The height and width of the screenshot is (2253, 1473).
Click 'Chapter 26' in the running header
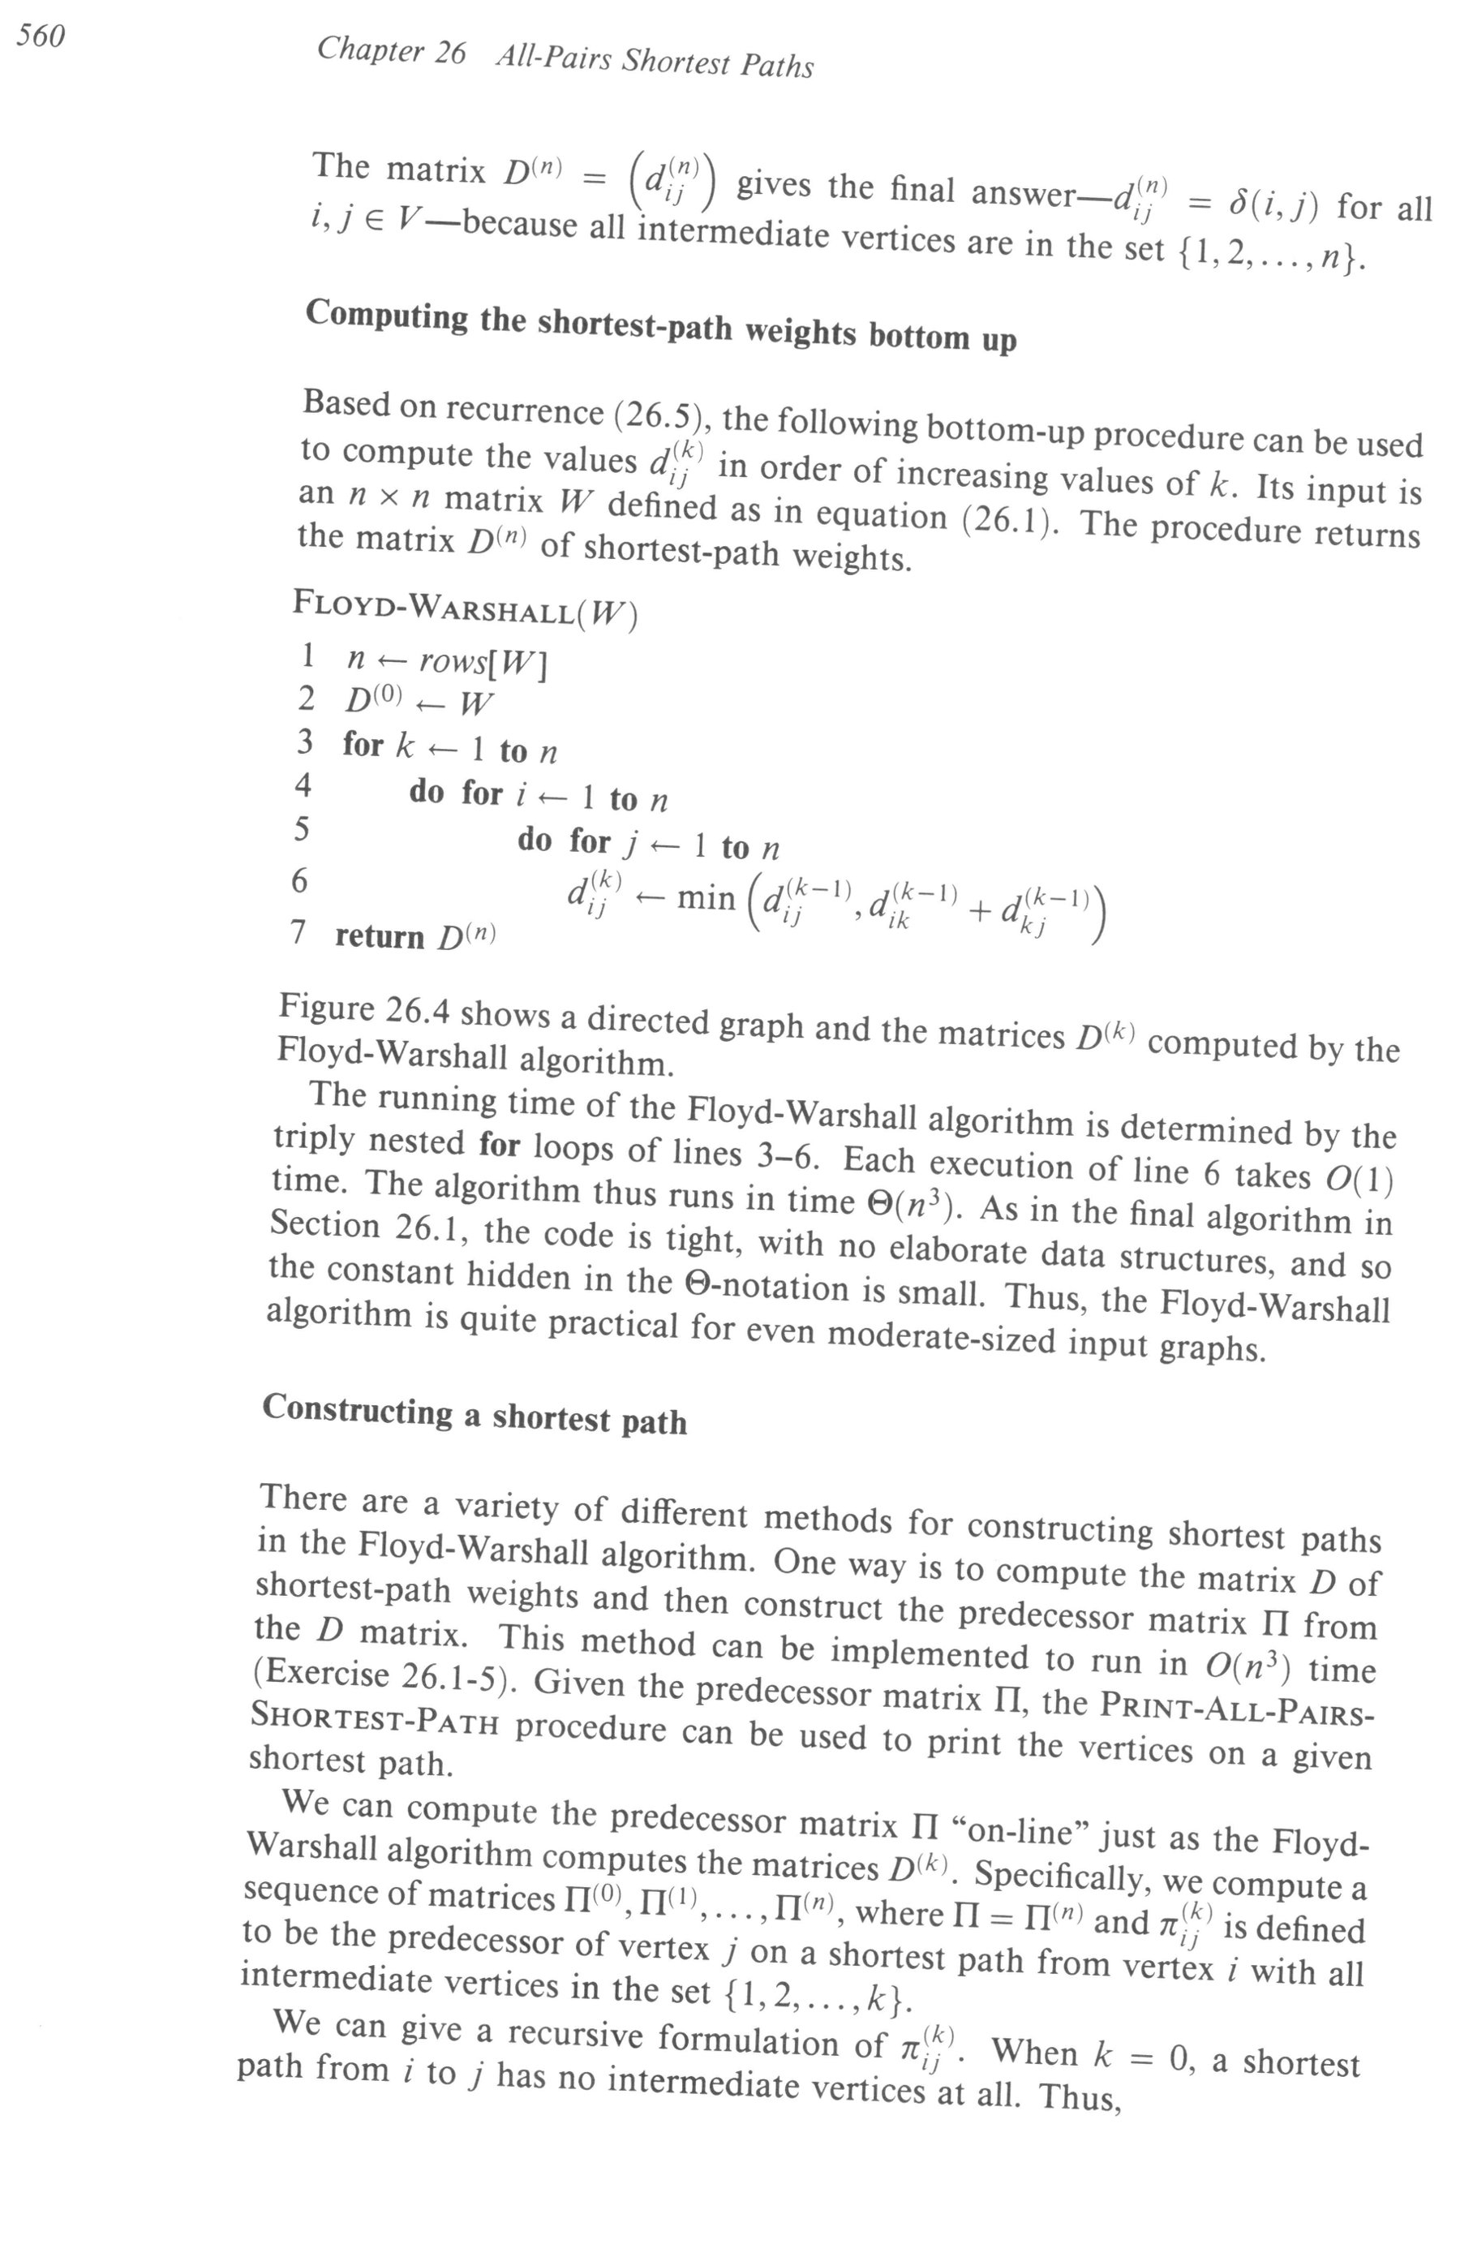[x=391, y=50]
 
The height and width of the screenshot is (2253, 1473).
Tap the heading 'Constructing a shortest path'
[x=475, y=1413]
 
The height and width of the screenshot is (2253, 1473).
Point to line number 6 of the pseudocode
[x=299, y=880]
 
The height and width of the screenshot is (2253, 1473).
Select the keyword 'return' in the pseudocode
[x=380, y=936]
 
